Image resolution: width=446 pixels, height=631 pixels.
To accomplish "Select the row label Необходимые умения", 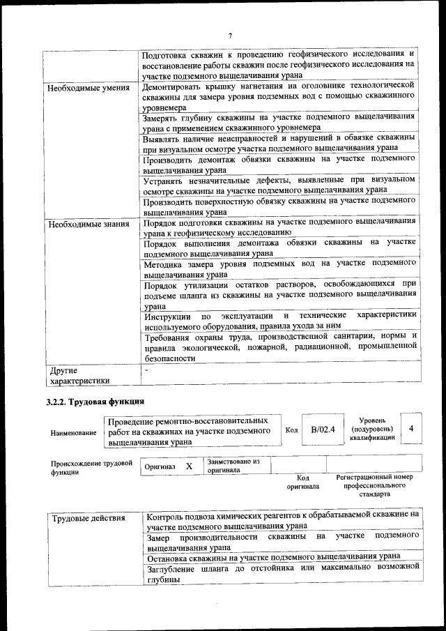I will (x=88, y=89).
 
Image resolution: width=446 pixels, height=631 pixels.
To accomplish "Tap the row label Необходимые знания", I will (x=88, y=225).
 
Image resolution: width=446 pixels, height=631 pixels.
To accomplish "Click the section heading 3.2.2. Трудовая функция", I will (x=95, y=402).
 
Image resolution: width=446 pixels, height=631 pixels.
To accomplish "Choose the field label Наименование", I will (x=73, y=433).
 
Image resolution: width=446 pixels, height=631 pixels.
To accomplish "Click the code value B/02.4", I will (x=323, y=429).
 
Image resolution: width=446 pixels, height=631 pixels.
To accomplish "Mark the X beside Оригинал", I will (x=189, y=465).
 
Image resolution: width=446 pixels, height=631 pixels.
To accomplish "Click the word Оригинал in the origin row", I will (x=160, y=466).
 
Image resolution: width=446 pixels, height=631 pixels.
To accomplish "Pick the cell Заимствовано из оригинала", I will (x=233, y=466).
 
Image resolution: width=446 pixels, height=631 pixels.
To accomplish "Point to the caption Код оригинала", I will (x=303, y=482).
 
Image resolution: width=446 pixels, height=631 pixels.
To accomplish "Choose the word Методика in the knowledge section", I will (x=164, y=265).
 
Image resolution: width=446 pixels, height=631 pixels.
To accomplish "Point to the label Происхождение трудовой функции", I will (x=91, y=467).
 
